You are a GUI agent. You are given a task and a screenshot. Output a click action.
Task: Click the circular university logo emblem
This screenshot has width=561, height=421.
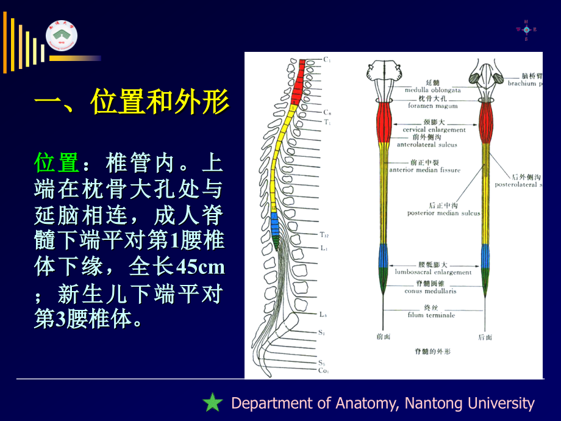62,36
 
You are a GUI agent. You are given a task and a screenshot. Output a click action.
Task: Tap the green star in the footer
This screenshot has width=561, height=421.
213,403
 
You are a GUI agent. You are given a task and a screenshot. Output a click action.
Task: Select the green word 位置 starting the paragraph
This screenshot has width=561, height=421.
57,163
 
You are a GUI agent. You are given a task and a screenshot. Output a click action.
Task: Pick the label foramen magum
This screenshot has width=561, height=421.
432,106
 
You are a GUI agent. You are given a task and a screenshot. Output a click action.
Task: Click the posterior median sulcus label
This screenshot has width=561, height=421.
443,214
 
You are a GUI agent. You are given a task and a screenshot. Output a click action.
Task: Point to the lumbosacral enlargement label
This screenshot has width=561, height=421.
433,272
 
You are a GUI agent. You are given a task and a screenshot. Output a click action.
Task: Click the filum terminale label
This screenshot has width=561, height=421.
432,315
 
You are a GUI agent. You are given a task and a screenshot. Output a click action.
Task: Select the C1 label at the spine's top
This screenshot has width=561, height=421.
327,60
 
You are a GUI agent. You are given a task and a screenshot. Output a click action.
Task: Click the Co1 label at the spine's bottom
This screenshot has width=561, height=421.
323,370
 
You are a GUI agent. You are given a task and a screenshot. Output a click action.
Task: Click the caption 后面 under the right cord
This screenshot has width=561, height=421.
485,337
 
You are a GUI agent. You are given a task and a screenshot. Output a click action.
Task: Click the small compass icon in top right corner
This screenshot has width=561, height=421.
527,29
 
